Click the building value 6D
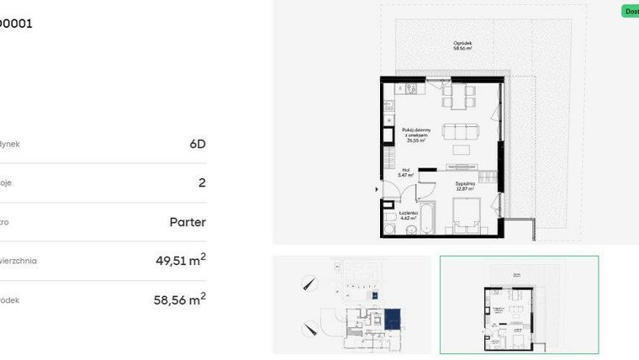pos(197,144)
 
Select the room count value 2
pos(201,183)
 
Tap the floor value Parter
pos(187,222)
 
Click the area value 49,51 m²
pos(180,261)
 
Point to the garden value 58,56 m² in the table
pos(180,299)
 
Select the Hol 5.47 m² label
pos(404,172)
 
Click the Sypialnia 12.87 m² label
pos(466,186)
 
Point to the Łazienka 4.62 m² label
pos(409,216)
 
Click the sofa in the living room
pos(462,132)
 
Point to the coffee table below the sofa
pos(463,150)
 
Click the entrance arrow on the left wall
pos(376,191)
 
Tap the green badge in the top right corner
pos(630,11)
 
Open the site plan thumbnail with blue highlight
pos(351,304)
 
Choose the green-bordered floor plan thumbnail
pos(519,304)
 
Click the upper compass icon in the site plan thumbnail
pos(310,284)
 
